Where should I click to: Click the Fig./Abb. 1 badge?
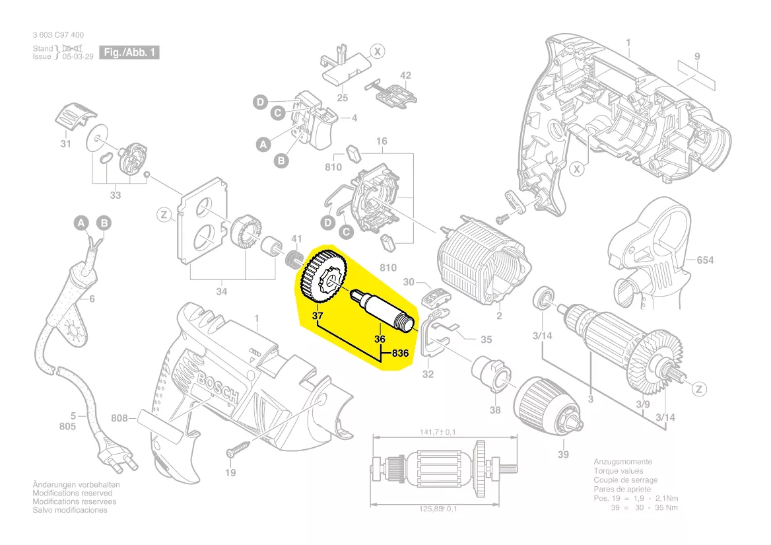click(x=130, y=52)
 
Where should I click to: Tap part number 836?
click(x=401, y=353)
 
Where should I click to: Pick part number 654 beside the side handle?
click(x=705, y=260)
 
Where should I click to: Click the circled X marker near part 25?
click(x=377, y=50)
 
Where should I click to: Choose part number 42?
click(x=405, y=75)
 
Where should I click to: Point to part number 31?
click(x=65, y=143)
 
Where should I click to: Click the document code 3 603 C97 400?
click(x=58, y=35)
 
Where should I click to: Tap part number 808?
click(x=119, y=418)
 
